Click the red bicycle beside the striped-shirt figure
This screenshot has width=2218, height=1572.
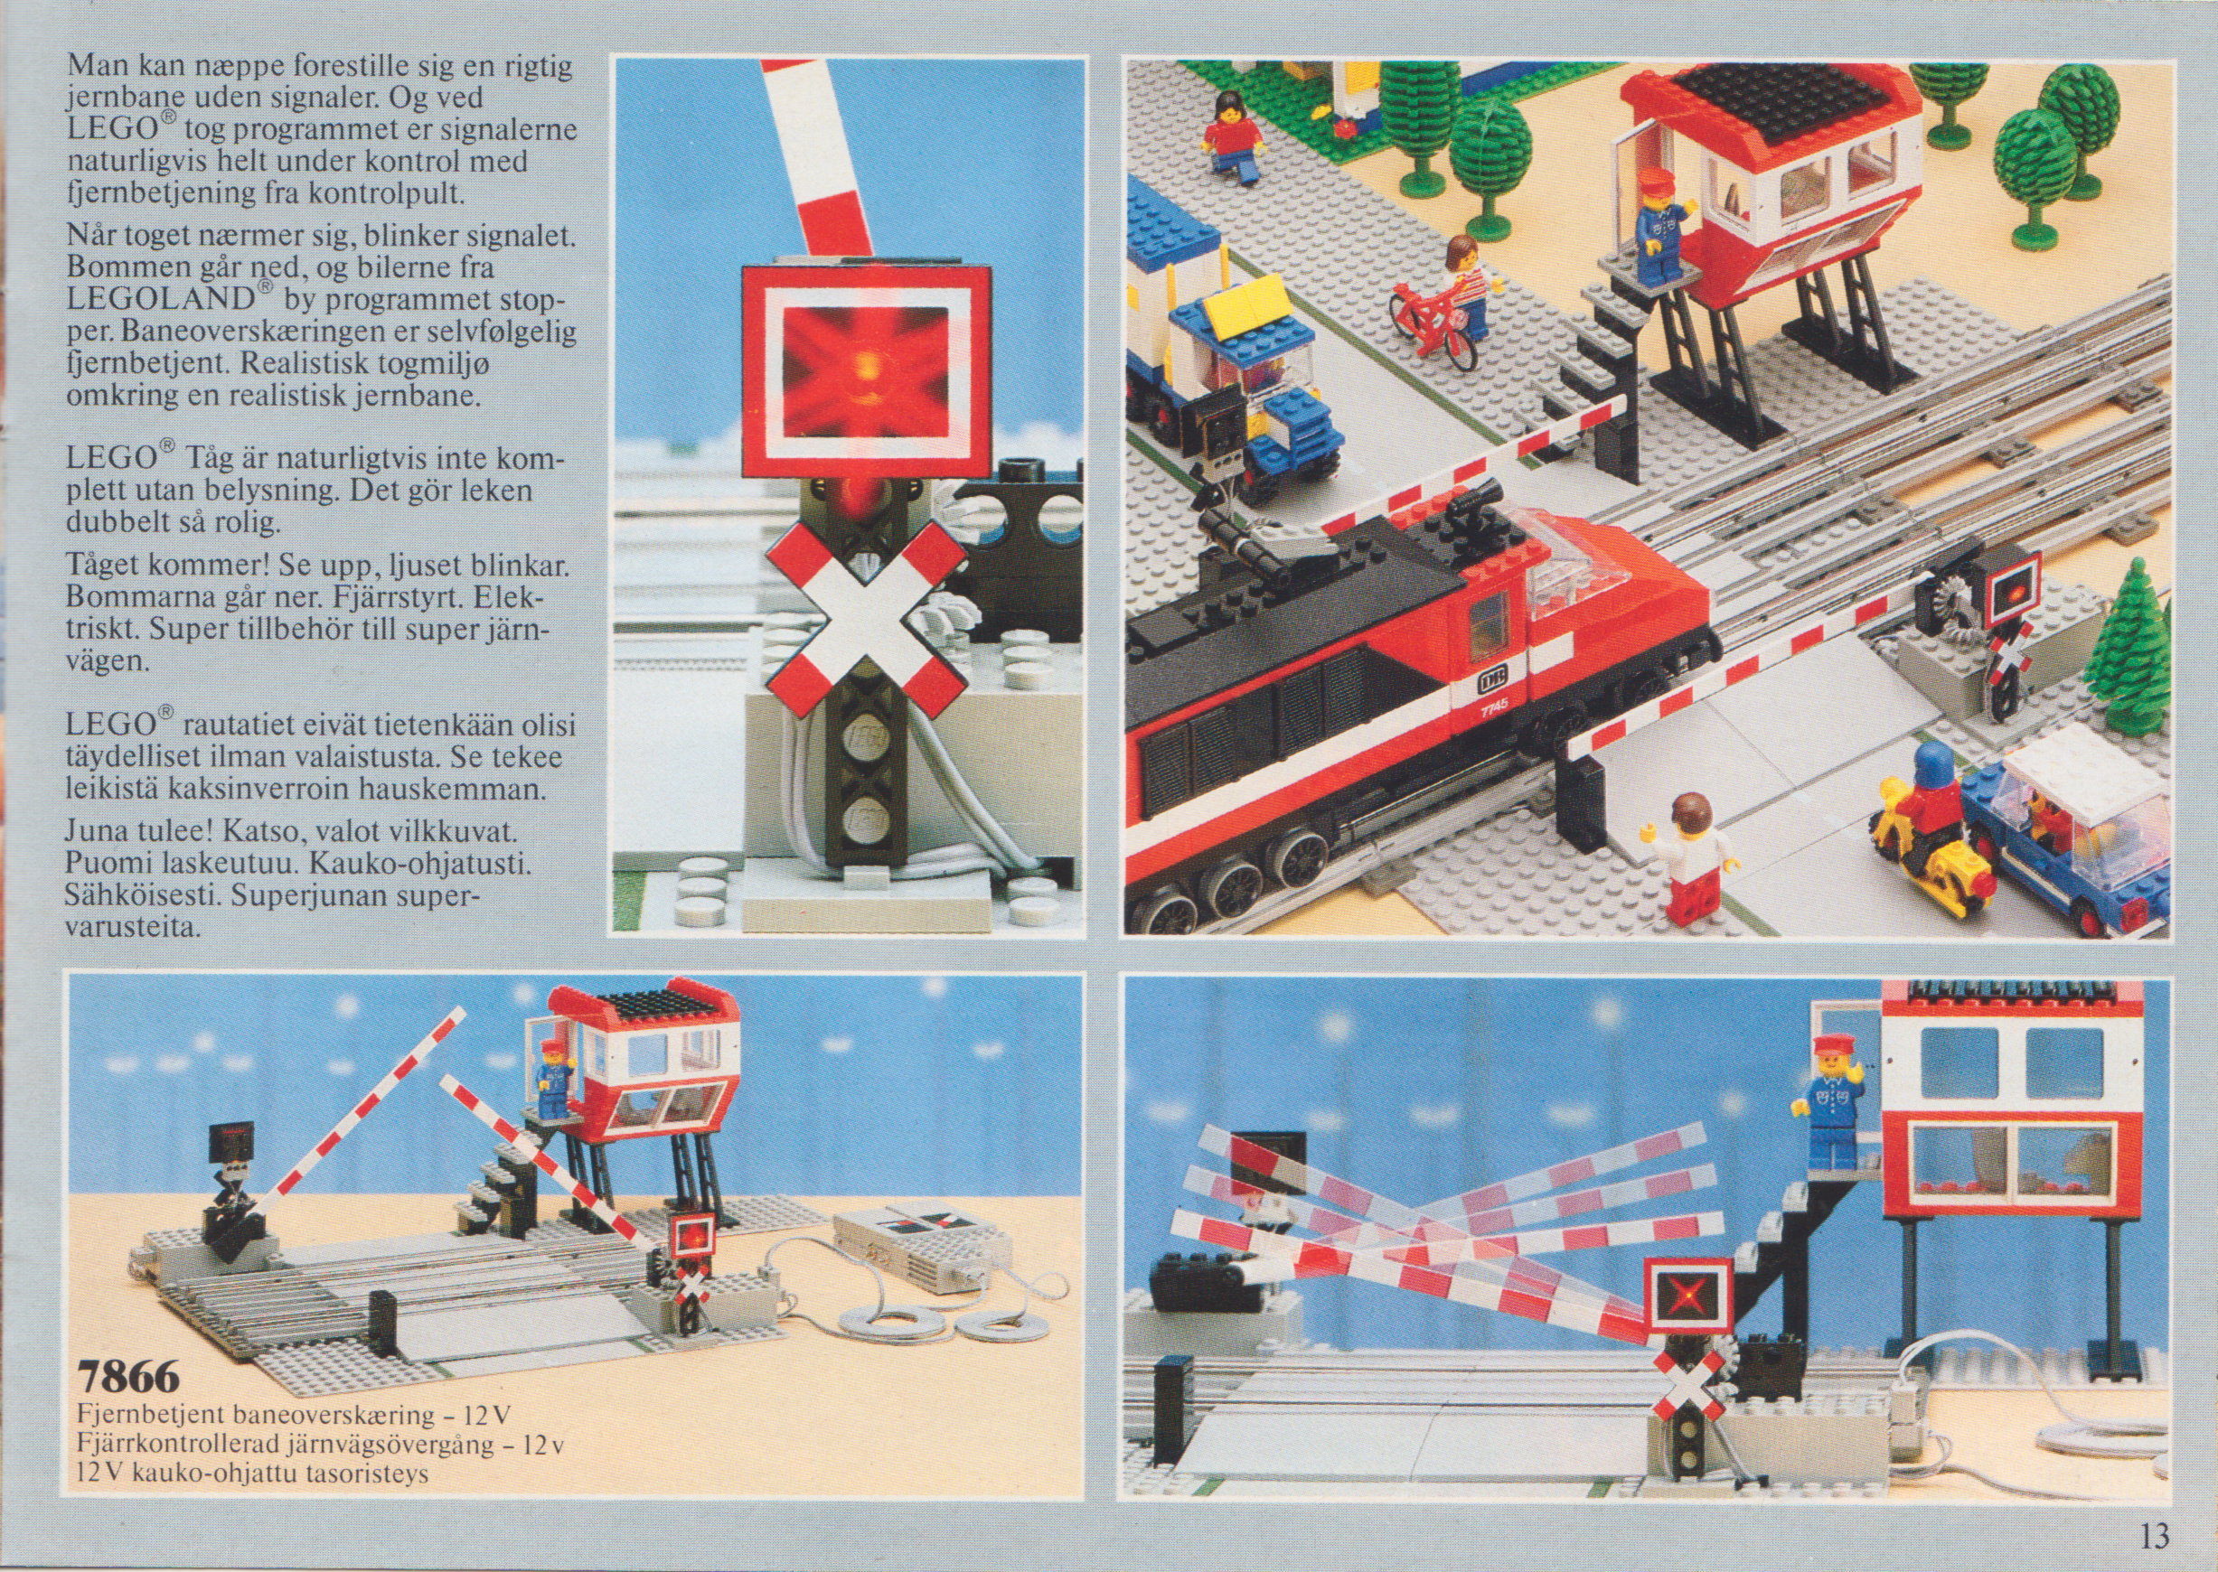[1431, 323]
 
